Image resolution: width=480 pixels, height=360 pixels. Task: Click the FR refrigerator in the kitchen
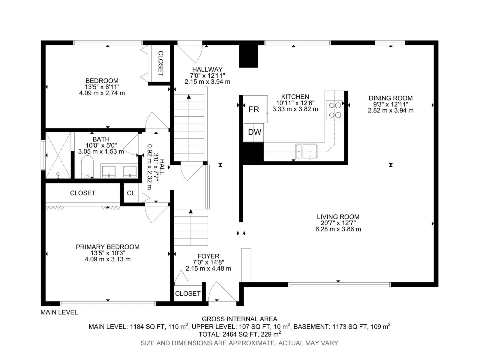coord(255,109)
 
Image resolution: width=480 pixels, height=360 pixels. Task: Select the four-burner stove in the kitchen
coord(334,110)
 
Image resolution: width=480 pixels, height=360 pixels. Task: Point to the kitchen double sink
coord(306,151)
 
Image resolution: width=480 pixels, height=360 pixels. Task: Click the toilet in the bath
coord(87,166)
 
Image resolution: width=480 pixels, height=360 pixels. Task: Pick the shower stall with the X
coord(58,155)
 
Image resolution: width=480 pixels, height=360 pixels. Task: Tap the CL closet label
coord(131,193)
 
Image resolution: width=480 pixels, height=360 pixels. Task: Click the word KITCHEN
coord(295,97)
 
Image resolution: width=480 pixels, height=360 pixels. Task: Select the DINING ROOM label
coord(391,98)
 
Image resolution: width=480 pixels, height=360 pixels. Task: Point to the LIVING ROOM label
coord(338,217)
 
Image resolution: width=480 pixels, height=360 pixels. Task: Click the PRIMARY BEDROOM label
coord(108,247)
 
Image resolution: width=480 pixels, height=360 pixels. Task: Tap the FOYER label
coord(208,256)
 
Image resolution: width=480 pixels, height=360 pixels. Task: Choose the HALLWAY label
coord(207,69)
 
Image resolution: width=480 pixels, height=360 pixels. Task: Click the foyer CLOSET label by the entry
coord(187,294)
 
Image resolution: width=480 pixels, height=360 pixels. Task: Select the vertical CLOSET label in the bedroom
coord(161,63)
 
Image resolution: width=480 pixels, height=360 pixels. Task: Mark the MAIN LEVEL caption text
coord(59,312)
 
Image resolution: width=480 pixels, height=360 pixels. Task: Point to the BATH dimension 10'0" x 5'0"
coord(101,145)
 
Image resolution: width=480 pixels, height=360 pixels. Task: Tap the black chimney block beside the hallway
coord(248,56)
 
